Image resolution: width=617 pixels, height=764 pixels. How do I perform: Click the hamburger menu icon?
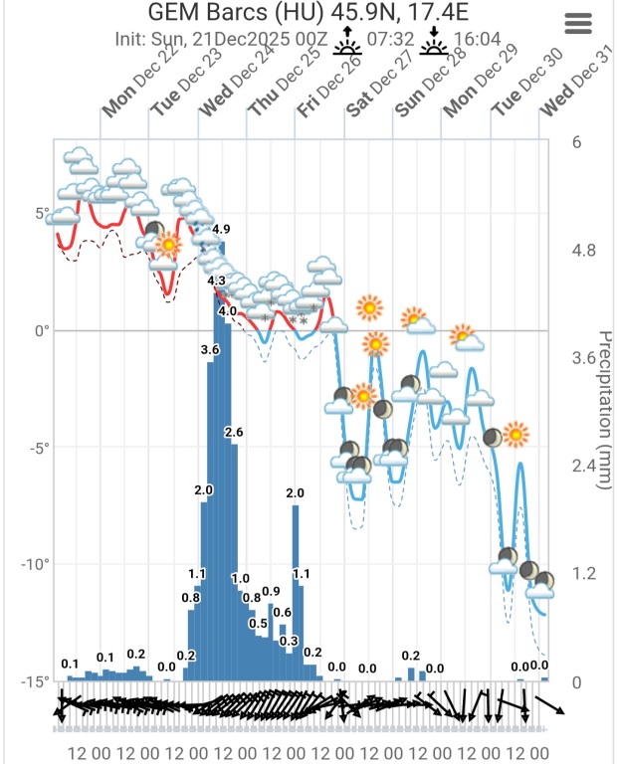(x=578, y=24)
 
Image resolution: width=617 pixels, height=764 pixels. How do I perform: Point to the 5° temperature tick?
(x=42, y=214)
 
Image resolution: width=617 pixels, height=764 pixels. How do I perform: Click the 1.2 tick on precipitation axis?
(x=582, y=574)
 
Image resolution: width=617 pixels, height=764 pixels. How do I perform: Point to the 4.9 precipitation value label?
(x=222, y=231)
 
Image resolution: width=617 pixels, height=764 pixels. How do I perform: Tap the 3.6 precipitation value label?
(x=210, y=350)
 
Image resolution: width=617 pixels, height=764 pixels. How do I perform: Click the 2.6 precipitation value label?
(x=234, y=432)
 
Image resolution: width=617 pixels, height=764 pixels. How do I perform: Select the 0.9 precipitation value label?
(x=271, y=591)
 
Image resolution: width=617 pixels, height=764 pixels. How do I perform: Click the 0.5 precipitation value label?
(x=259, y=624)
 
